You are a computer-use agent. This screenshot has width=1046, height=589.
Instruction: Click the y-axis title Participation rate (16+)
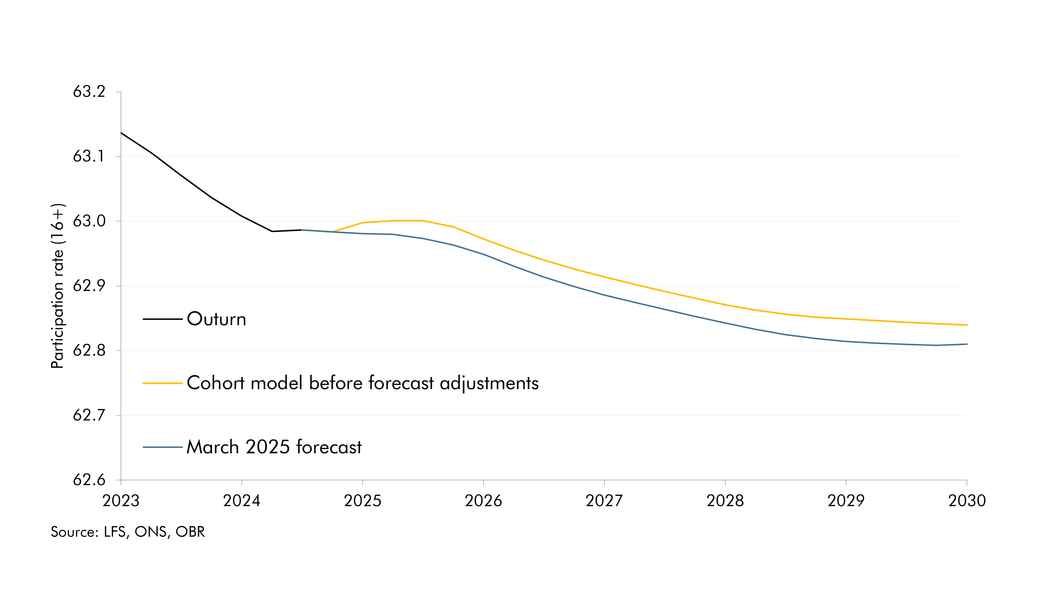(58, 286)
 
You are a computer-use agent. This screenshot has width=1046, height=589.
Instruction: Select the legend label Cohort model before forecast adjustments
(362, 383)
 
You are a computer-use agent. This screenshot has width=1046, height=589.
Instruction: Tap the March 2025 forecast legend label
(274, 447)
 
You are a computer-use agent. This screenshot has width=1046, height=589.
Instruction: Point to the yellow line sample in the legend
(162, 383)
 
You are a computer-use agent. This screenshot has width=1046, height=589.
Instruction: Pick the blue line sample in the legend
(162, 447)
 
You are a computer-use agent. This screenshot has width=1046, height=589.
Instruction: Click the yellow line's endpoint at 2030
(966, 325)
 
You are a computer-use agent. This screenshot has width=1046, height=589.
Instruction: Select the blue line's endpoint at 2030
(966, 344)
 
